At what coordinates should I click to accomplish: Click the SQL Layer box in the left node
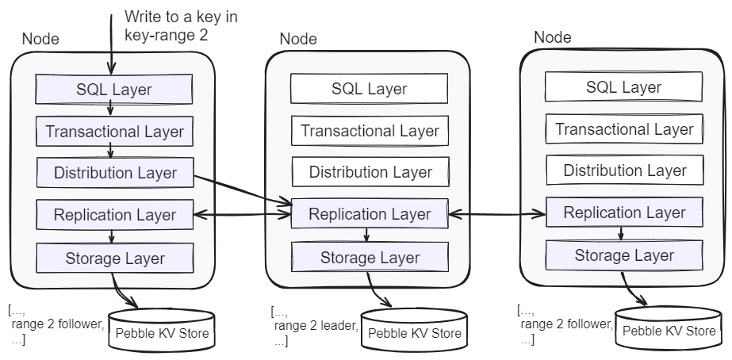point(114,89)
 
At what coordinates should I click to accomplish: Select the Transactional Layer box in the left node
point(114,131)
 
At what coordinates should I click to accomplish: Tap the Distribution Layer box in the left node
point(114,172)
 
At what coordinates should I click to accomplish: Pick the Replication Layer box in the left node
point(114,214)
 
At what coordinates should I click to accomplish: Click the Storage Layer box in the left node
point(114,258)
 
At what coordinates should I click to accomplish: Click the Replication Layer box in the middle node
point(369,214)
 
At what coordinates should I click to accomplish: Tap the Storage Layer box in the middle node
point(369,257)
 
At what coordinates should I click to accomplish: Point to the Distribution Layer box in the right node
point(624,170)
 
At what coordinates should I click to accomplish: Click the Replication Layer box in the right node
point(624,213)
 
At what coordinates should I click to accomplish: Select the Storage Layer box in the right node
point(624,255)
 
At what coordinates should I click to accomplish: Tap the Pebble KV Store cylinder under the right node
point(669,331)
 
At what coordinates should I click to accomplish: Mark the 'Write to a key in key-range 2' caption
point(180,25)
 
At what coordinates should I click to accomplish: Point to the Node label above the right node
point(552,37)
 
